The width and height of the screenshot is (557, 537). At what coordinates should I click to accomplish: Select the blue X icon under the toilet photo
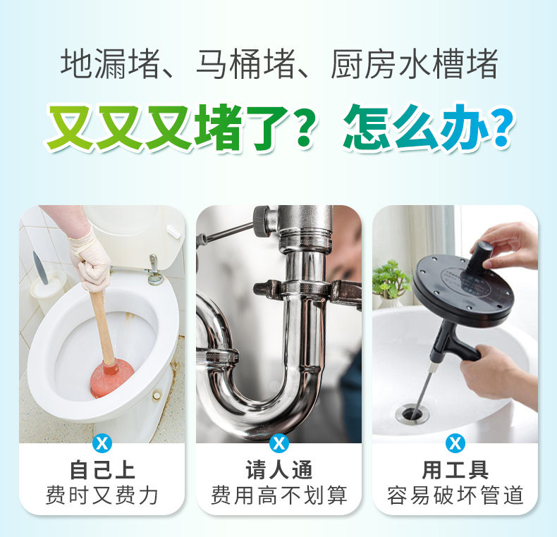pyautogui.click(x=102, y=443)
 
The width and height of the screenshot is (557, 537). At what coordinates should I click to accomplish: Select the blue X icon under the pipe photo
pyautogui.click(x=279, y=443)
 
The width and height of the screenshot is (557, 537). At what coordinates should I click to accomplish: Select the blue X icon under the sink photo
pyautogui.click(x=455, y=443)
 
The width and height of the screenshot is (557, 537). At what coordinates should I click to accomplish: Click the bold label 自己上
pyautogui.click(x=102, y=470)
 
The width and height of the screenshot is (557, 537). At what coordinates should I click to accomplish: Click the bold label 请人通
pyautogui.click(x=279, y=470)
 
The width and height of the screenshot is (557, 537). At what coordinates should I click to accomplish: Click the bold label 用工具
pyautogui.click(x=455, y=470)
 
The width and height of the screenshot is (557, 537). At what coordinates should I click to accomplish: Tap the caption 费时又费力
pyautogui.click(x=102, y=495)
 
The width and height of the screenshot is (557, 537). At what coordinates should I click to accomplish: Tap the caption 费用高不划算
pyautogui.click(x=279, y=495)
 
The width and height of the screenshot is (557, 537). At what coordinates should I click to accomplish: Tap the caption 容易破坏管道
pyautogui.click(x=455, y=495)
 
